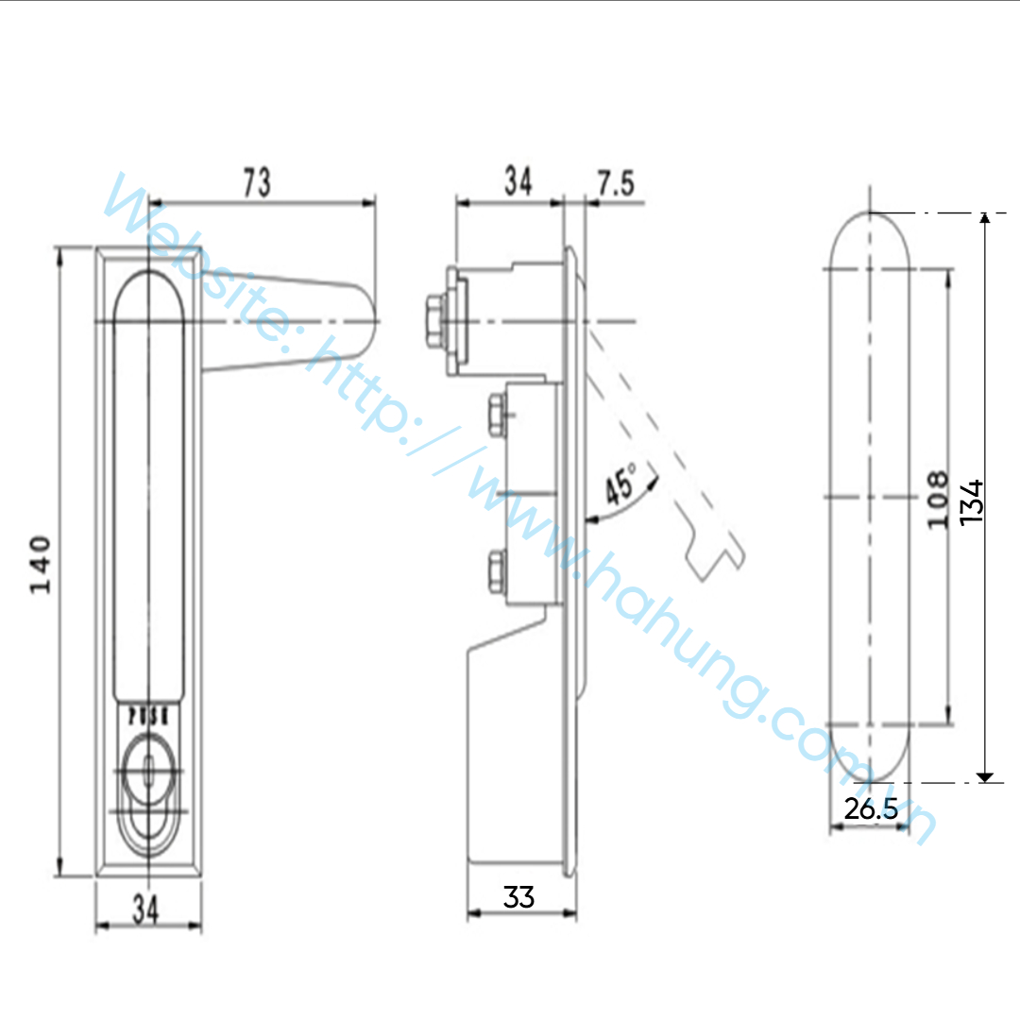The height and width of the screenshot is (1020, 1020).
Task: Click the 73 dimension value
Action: (x=257, y=182)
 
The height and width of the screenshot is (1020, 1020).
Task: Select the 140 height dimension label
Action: (x=41, y=565)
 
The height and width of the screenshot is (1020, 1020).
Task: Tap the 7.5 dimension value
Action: (x=616, y=183)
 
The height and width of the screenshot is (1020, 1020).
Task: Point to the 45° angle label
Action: (x=621, y=484)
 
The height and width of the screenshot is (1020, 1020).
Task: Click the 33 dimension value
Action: (x=518, y=897)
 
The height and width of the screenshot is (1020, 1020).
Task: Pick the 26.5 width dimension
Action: (x=871, y=808)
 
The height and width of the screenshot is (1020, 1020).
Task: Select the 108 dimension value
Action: (x=938, y=500)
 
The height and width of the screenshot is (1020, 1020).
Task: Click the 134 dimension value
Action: (x=971, y=502)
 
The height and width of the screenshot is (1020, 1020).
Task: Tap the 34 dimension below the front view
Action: (x=145, y=909)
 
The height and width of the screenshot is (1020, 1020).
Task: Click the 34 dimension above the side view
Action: (x=518, y=181)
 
